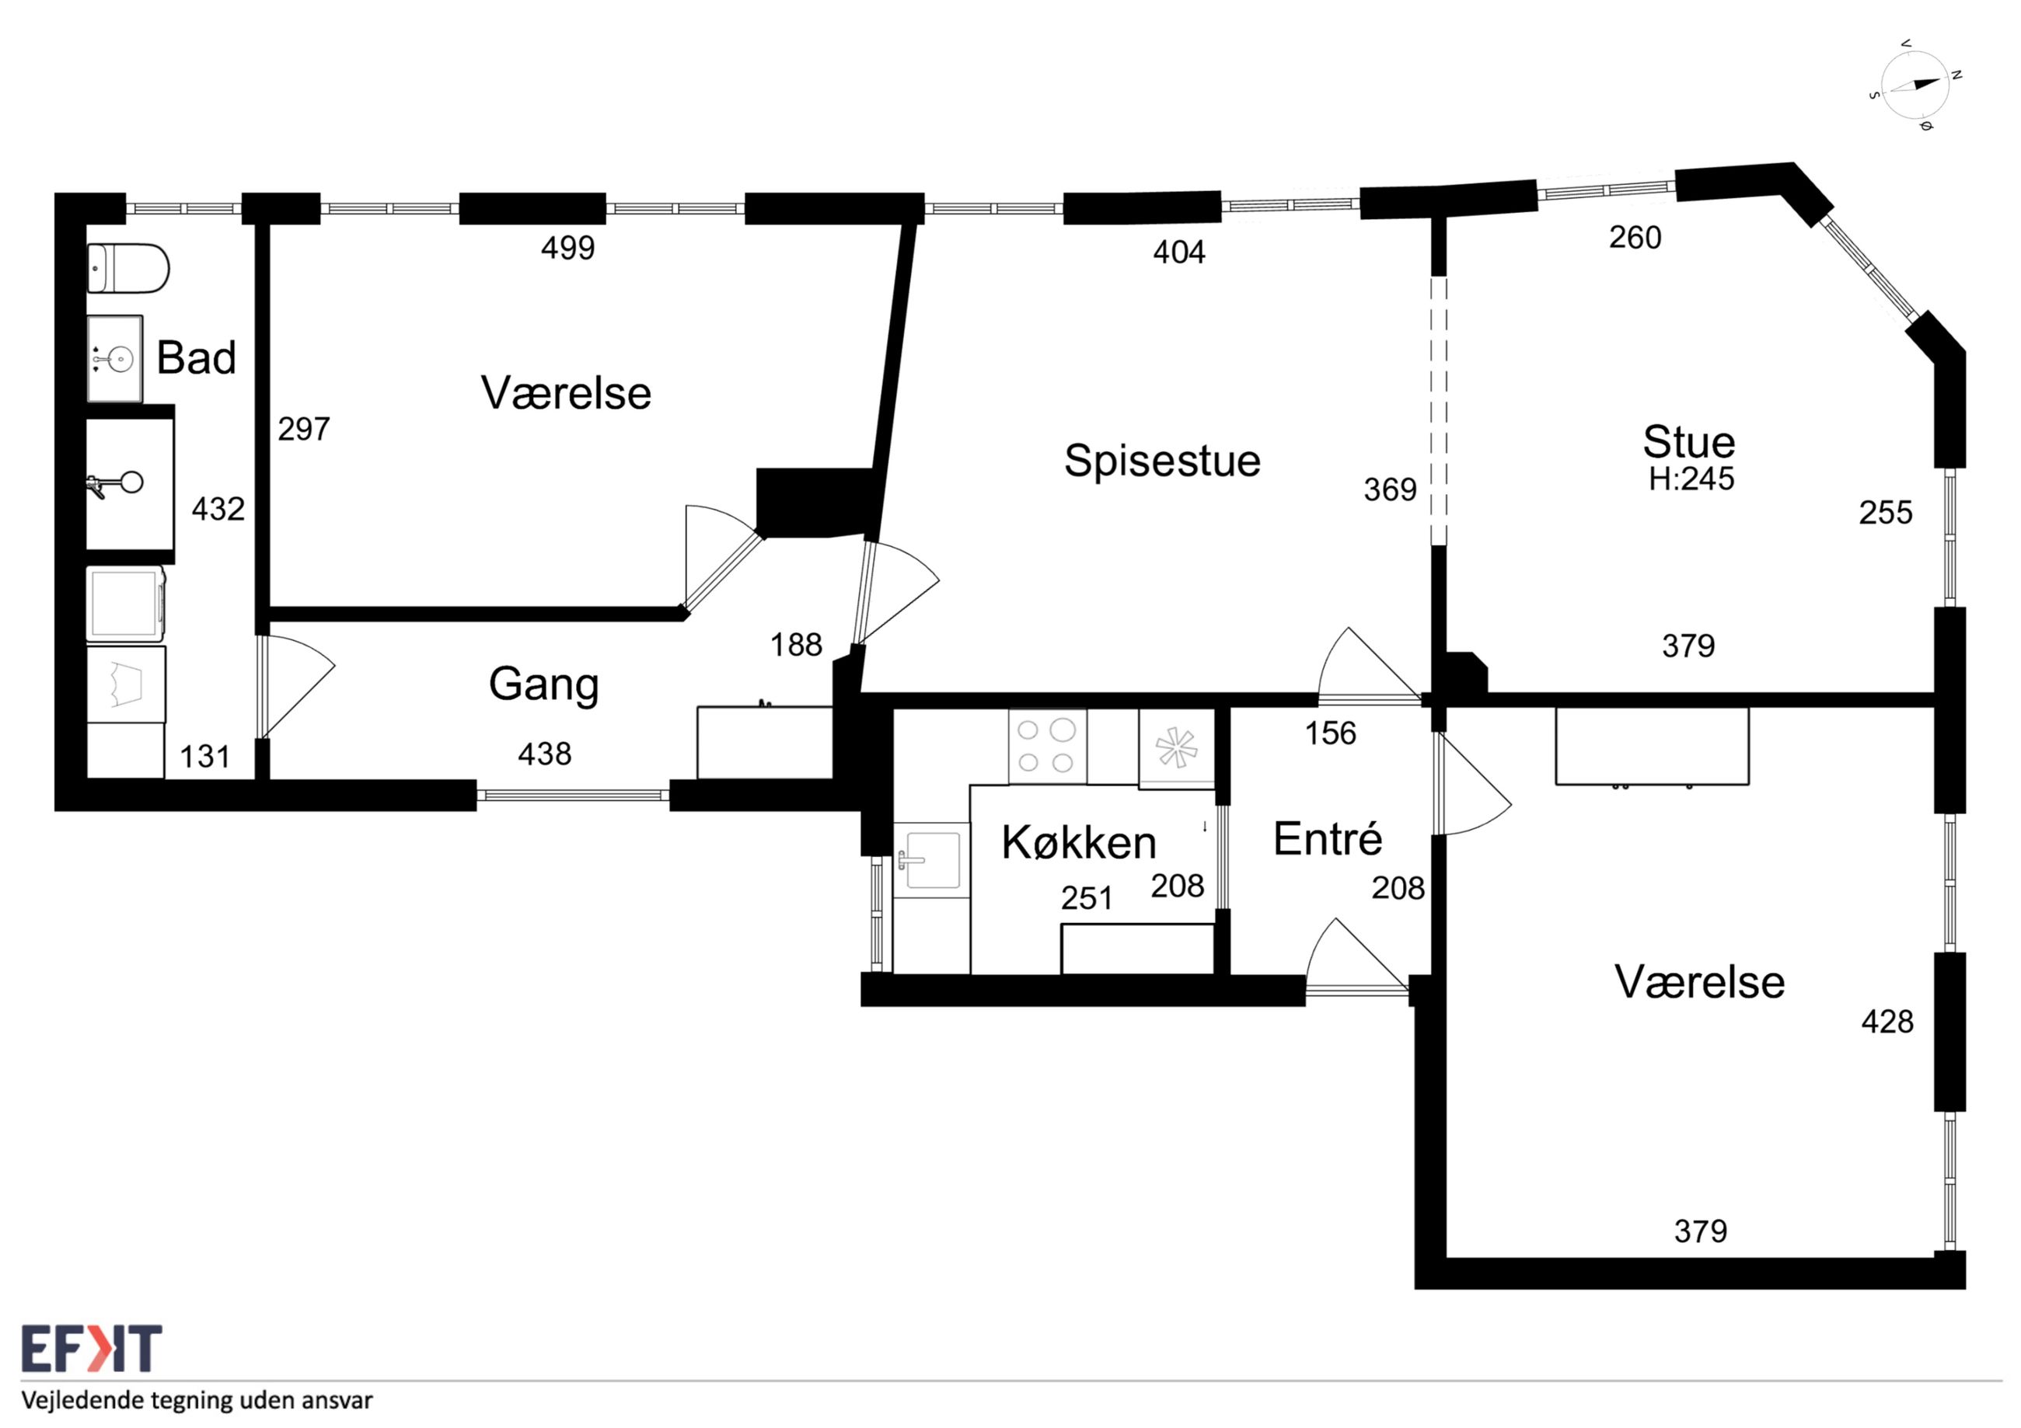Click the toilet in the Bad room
point(128,268)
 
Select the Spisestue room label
point(1162,460)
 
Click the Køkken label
point(1078,842)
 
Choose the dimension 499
point(567,248)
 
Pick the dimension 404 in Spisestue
point(1178,253)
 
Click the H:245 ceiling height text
point(1691,479)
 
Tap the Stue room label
point(1688,442)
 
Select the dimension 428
point(1887,1022)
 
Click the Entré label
point(1328,838)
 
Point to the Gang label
point(544,684)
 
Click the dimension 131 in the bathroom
point(205,757)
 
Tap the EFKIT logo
point(92,1349)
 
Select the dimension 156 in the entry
point(1330,733)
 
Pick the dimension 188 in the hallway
point(796,645)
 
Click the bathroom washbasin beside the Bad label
point(114,358)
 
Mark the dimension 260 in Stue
point(1635,238)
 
